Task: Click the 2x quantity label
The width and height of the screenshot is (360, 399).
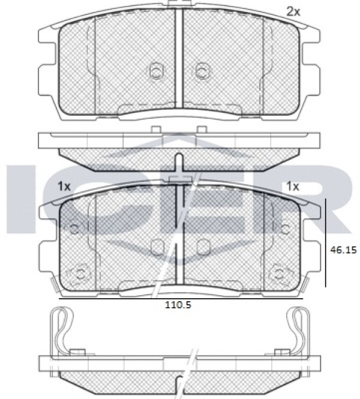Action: [293, 12]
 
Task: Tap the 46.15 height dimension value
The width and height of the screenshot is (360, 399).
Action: [343, 250]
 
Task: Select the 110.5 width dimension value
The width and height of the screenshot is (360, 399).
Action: [178, 305]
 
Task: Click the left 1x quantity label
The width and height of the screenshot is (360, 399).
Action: [64, 187]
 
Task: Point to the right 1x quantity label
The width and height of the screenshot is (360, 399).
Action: [293, 187]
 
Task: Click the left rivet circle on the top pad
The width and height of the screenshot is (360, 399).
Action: [156, 70]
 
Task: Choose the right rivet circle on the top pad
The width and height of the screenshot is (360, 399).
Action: [202, 70]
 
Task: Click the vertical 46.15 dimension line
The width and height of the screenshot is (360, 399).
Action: [326, 243]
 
